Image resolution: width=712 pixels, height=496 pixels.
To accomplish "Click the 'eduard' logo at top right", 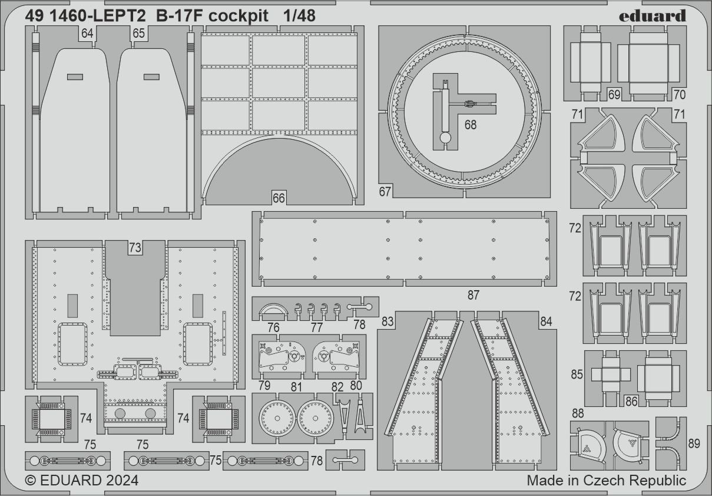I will [653, 16].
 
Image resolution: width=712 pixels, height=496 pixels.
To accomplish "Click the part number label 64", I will [87, 34].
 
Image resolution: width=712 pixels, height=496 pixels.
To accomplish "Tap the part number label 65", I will [138, 34].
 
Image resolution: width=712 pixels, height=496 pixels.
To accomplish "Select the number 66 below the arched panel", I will [279, 198].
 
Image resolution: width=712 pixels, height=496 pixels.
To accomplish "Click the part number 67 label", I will [386, 191].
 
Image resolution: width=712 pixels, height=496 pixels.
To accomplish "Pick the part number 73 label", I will [135, 248].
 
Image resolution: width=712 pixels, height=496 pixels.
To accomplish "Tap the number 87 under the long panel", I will [473, 295].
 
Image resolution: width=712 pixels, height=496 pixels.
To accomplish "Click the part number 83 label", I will [387, 321].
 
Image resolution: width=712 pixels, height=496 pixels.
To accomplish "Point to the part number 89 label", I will [694, 444].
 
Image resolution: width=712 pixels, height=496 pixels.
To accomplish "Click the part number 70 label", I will [679, 94].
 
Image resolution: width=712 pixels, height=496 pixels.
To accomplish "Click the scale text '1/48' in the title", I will [297, 16].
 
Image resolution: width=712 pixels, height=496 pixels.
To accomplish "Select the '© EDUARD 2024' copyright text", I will [82, 481].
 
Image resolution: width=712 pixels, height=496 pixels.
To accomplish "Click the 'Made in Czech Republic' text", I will [606, 481].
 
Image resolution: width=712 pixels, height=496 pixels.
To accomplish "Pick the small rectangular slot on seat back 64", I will [75, 77].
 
